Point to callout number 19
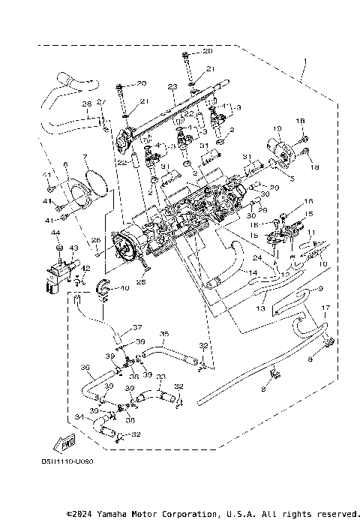tap(277, 128)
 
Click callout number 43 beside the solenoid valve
tap(74, 248)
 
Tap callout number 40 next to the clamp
tap(124, 287)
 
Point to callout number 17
tap(325, 308)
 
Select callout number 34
tap(79, 418)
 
